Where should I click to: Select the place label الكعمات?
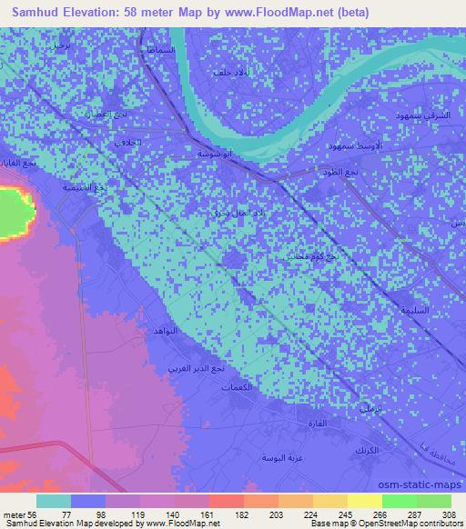236,388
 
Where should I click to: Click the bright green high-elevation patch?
15,212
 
